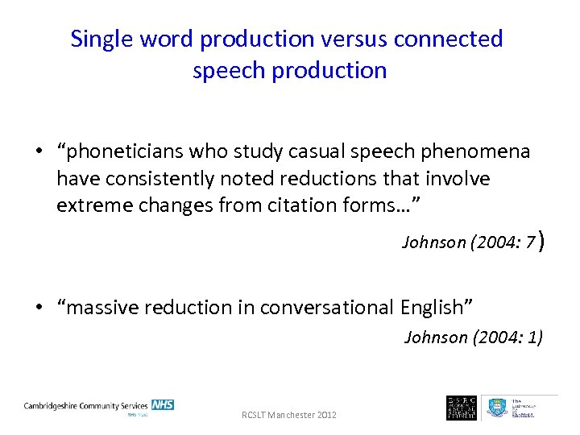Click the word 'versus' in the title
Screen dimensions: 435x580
pos(339,39)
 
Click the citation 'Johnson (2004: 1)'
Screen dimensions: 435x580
pos(473,337)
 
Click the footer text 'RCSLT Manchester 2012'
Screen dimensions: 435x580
pos(289,415)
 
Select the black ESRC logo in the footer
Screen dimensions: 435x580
pos(462,407)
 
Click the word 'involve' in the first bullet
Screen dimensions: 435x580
pos(461,178)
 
